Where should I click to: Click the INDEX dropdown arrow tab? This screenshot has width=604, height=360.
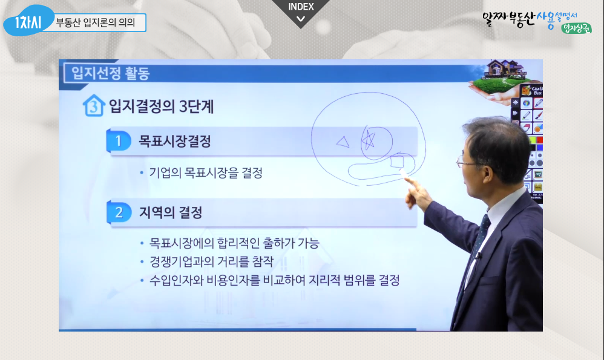pyautogui.click(x=300, y=11)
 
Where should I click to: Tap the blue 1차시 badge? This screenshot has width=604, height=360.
pyautogui.click(x=28, y=22)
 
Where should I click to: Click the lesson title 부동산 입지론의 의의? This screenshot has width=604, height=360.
pyautogui.click(x=96, y=22)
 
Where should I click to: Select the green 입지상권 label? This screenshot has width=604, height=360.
pyautogui.click(x=576, y=28)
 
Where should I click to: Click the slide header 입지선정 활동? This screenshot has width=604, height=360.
pyautogui.click(x=111, y=73)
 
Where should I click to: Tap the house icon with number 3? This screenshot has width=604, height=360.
pyautogui.click(x=94, y=105)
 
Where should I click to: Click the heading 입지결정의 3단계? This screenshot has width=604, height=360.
pyautogui.click(x=161, y=106)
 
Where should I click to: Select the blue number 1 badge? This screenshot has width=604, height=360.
pyautogui.click(x=118, y=141)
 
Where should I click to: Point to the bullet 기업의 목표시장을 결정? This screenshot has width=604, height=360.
pyautogui.click(x=206, y=172)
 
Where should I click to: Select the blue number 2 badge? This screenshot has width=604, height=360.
pyautogui.click(x=119, y=212)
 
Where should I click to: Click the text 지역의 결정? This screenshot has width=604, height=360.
pyautogui.click(x=170, y=212)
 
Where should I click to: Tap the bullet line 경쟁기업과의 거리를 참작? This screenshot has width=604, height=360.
pyautogui.click(x=211, y=262)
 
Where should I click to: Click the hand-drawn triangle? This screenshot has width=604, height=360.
pyautogui.click(x=343, y=142)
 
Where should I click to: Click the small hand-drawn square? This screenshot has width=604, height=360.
pyautogui.click(x=397, y=162)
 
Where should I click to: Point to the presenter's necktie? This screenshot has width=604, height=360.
pyautogui.click(x=478, y=239)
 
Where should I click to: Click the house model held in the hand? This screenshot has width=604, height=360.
pyautogui.click(x=505, y=70)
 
